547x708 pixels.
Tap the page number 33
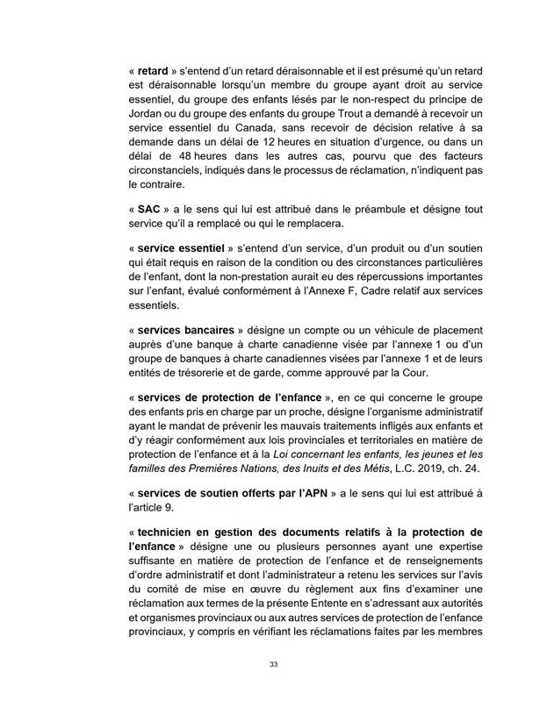[x=274, y=664]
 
